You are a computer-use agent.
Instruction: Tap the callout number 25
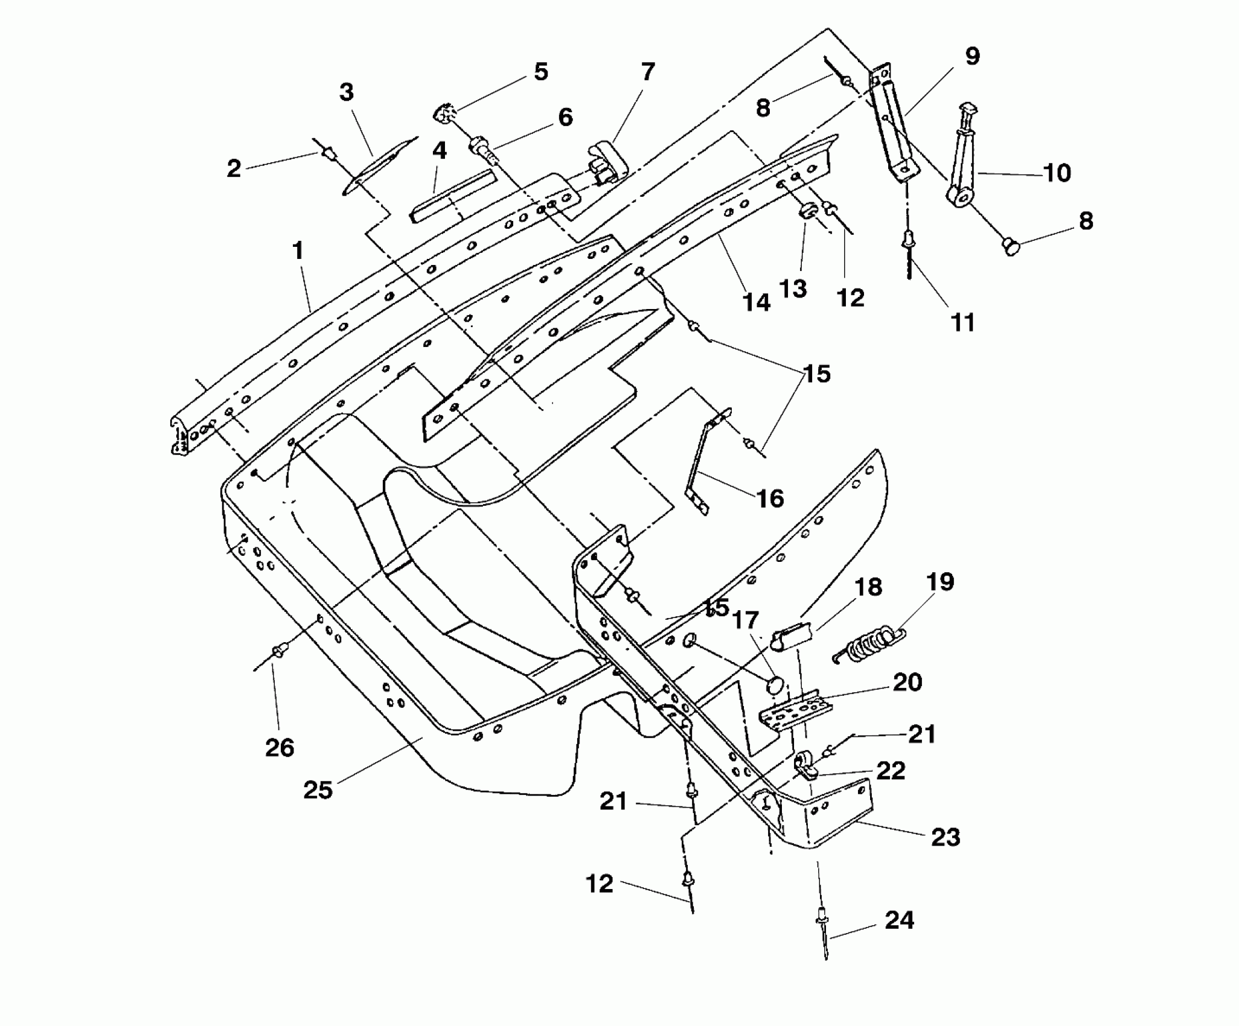(318, 789)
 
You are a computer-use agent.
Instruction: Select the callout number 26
(280, 748)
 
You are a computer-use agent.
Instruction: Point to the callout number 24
(899, 920)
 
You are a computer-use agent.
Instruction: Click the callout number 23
(945, 837)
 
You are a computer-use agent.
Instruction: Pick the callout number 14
(756, 302)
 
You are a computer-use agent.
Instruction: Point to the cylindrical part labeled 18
(788, 638)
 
